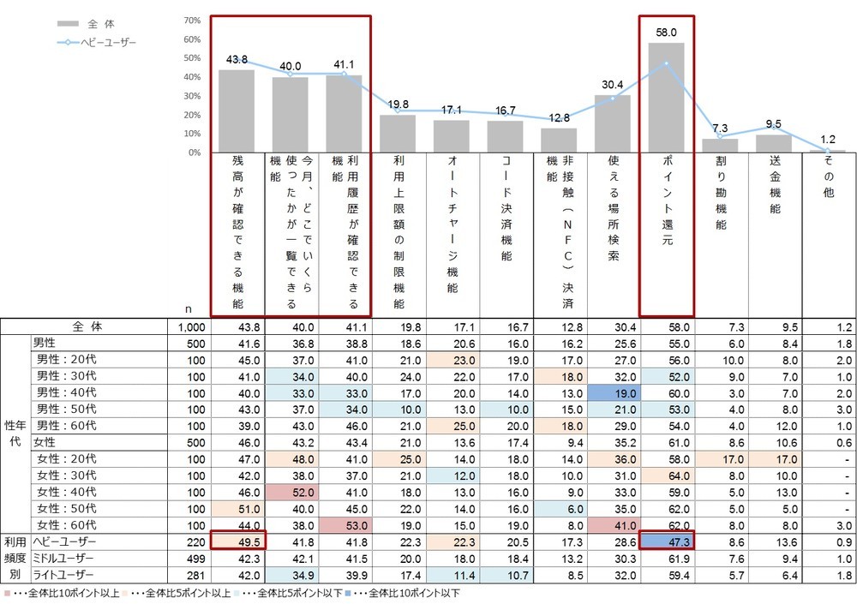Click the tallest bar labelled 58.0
click(666, 98)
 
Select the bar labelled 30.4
click(612, 123)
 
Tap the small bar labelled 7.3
click(720, 146)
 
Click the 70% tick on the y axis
click(192, 21)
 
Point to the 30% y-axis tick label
click(192, 96)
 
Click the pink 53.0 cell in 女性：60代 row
click(345, 524)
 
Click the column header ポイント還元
click(666, 202)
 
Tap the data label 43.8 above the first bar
click(237, 59)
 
